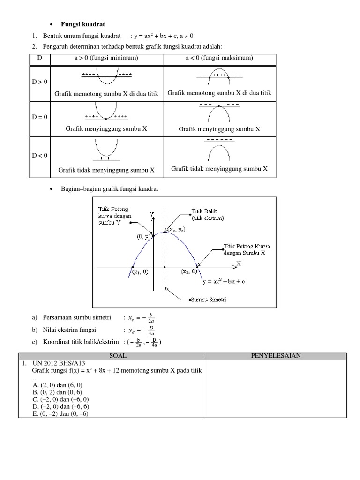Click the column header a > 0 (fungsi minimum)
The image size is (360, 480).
(106, 58)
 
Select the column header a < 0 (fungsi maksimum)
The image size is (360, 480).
(219, 58)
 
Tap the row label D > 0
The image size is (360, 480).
(40, 82)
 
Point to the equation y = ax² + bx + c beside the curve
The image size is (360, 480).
(224, 282)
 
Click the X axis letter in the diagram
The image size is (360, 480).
(238, 263)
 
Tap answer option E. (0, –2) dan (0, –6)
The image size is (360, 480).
(60, 413)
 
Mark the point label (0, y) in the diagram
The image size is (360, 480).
(143, 237)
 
